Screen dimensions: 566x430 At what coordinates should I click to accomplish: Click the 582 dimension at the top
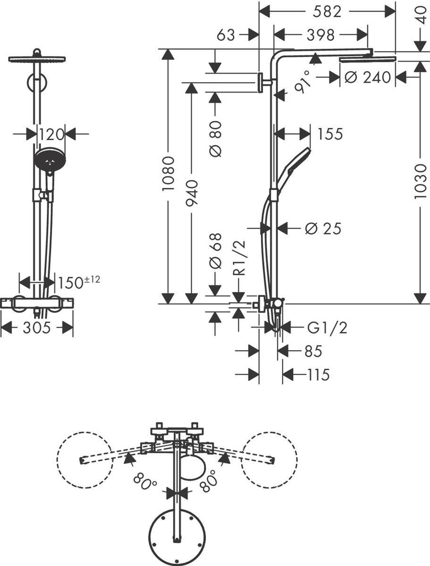coord(327,12)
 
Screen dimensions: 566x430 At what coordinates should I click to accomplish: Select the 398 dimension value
coord(320,34)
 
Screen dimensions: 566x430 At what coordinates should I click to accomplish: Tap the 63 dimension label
coord(226,34)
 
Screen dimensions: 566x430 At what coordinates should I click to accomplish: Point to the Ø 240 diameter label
coord(368,77)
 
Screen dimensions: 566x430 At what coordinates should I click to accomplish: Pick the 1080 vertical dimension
coord(168,174)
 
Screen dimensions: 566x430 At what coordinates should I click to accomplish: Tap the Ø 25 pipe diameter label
coord(322,228)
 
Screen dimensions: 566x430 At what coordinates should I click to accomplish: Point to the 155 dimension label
coord(330,134)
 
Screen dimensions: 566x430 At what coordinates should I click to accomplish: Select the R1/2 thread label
coord(240,258)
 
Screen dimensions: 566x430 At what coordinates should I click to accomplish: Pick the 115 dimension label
coord(318,375)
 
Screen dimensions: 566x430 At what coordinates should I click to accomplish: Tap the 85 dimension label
coord(313,351)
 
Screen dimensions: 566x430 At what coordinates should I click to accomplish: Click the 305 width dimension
coord(37,328)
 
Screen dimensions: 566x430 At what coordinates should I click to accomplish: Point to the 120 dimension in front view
coord(51,134)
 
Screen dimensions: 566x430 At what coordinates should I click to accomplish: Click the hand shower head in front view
coord(49,159)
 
